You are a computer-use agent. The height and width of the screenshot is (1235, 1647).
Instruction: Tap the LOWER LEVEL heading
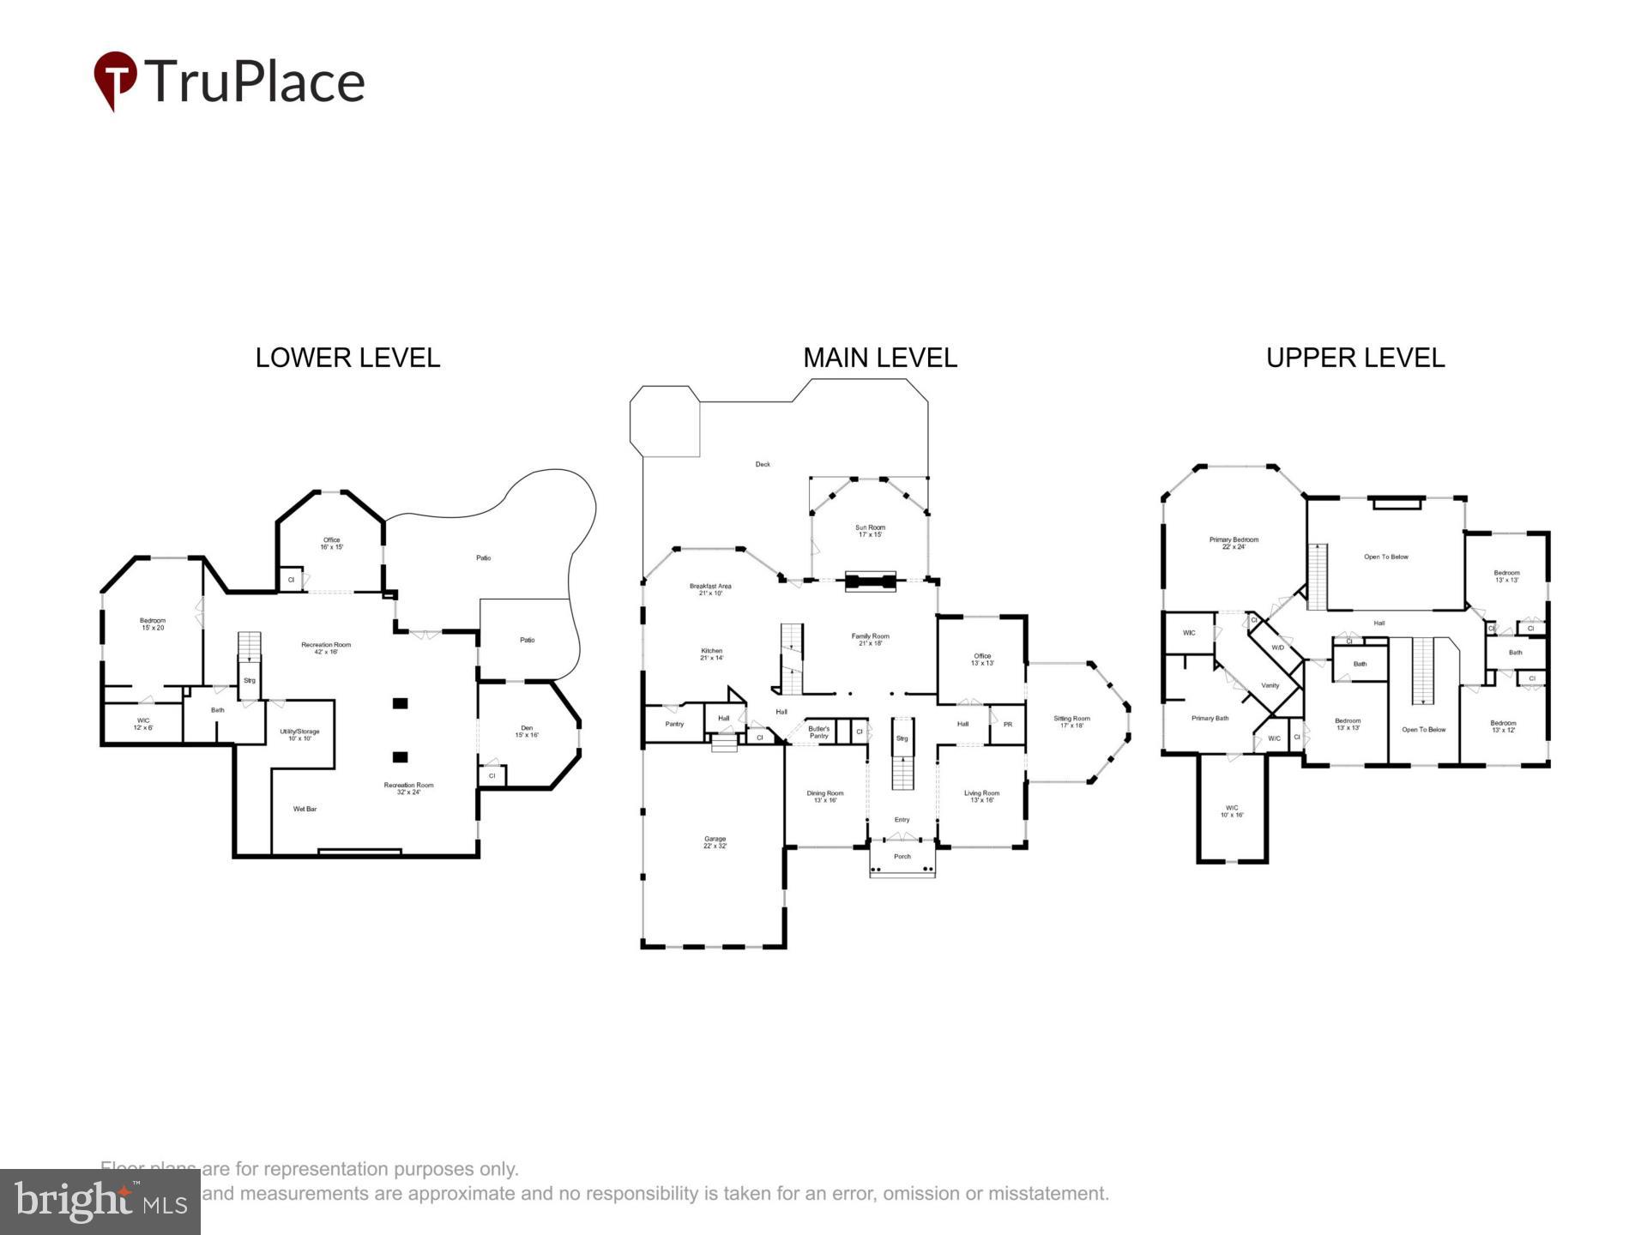click(x=347, y=358)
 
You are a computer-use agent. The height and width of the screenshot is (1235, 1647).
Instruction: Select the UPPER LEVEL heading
click(x=1355, y=358)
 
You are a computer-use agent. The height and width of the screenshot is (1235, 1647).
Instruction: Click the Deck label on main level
click(x=763, y=464)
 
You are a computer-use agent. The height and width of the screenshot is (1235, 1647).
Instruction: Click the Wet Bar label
click(x=305, y=809)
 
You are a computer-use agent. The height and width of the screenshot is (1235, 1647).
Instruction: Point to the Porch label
click(x=902, y=856)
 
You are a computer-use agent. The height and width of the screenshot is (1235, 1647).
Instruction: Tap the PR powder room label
click(x=1008, y=724)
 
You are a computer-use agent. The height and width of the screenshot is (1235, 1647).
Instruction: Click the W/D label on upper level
click(x=1277, y=648)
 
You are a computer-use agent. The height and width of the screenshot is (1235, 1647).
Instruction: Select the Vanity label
click(x=1270, y=685)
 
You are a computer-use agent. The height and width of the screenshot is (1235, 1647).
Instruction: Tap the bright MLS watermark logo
click(x=100, y=1201)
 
